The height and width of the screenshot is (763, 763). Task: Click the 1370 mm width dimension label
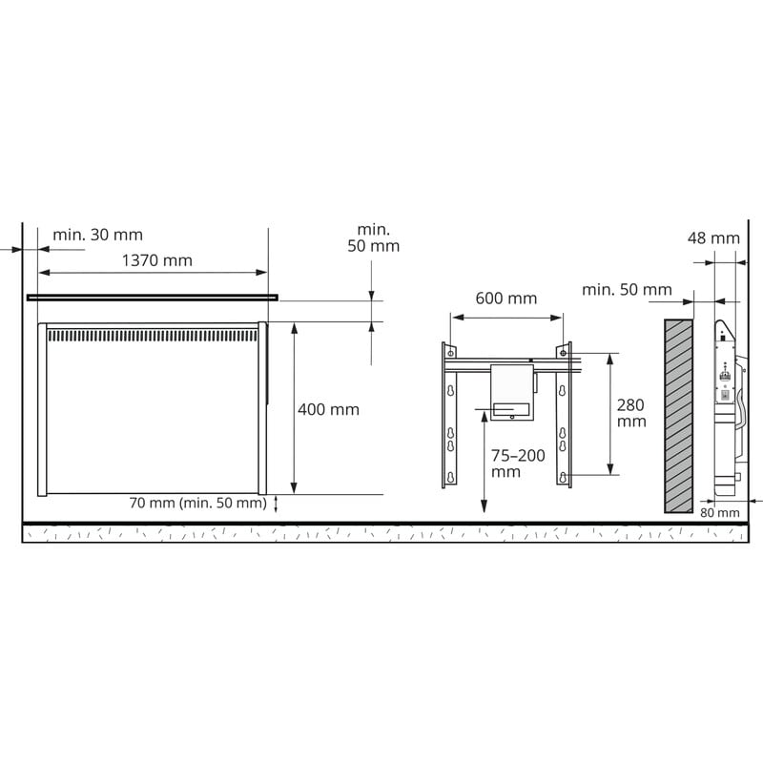[x=156, y=260]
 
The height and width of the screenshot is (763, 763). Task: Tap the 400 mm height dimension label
[x=328, y=410]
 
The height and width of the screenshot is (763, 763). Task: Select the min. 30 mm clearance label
[x=98, y=235]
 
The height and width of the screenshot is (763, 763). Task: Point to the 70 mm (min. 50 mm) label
[x=198, y=503]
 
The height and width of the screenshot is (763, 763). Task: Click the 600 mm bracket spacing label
[x=506, y=299]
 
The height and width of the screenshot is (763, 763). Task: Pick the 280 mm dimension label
[x=631, y=413]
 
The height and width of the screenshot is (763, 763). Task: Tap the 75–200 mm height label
[x=518, y=464]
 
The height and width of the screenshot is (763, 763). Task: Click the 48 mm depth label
[x=713, y=237]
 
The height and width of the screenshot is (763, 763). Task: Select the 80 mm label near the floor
[x=720, y=512]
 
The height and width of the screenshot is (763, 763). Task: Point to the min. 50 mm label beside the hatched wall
[x=627, y=290]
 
